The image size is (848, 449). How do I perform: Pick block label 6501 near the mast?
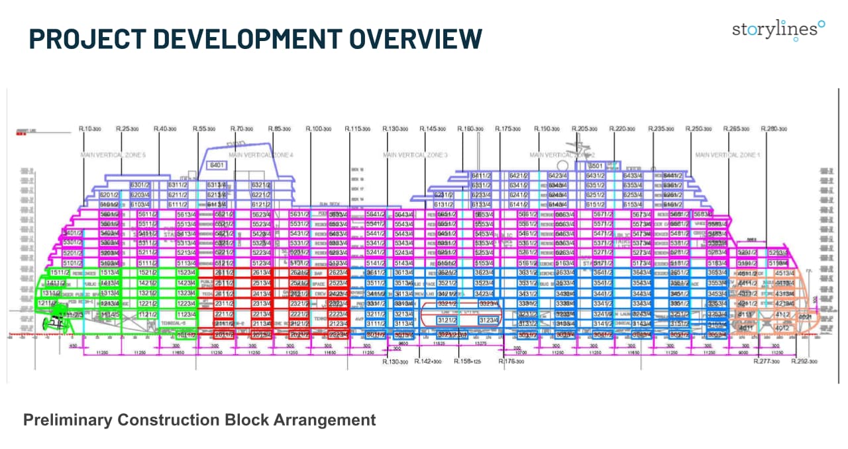click(596, 166)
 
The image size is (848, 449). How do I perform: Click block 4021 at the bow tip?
click(806, 317)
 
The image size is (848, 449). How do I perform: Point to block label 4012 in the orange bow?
click(782, 327)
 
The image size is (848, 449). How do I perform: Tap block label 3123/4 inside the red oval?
click(488, 319)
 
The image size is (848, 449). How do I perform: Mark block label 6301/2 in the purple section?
click(141, 185)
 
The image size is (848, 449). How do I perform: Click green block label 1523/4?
click(185, 272)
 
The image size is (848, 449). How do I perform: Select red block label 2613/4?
click(260, 272)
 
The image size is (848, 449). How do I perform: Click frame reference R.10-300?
click(89, 128)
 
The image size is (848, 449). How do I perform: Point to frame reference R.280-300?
click(773, 128)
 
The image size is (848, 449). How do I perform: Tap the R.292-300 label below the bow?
click(805, 362)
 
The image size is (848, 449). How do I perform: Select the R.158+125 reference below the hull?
click(468, 362)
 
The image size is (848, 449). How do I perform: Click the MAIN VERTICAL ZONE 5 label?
click(113, 154)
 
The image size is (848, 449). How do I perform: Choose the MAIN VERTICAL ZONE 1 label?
click(727, 154)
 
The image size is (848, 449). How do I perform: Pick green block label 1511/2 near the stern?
click(61, 272)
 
